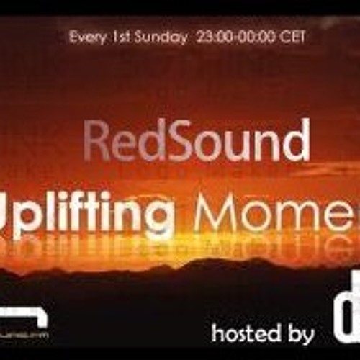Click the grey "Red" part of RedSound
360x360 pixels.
pos(120,142)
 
